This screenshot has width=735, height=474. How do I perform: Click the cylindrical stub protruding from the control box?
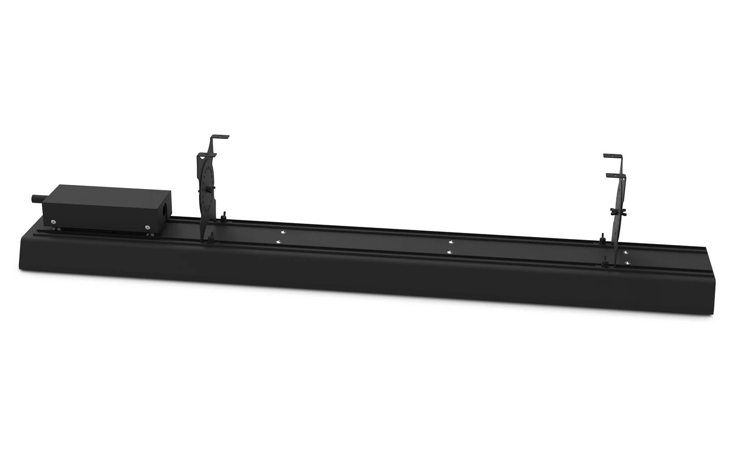37,198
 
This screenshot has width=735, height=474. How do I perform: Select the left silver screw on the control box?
53,222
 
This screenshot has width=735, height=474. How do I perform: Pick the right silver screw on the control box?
146,228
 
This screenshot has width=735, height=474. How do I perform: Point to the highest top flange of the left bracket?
220,136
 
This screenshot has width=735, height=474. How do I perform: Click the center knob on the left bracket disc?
211,188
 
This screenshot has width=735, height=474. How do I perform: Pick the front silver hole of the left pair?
278,242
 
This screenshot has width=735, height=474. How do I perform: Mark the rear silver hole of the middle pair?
450,241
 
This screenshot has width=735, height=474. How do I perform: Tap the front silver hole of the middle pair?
449,252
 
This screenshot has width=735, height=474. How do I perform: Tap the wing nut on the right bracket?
615,211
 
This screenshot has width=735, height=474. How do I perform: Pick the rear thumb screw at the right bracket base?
603,237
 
